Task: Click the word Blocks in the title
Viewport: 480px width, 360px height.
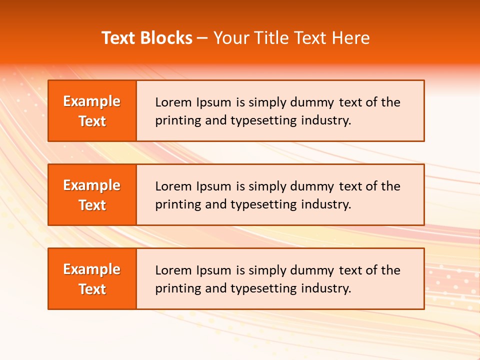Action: click(167, 38)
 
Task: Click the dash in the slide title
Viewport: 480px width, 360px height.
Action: click(202, 38)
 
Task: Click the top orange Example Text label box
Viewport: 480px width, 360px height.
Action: click(92, 110)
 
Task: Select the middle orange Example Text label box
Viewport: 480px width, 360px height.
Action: click(92, 194)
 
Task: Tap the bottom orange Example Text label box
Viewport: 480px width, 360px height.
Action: click(92, 278)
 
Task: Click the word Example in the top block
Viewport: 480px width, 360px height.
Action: click(92, 101)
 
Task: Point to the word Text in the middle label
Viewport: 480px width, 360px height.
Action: click(92, 205)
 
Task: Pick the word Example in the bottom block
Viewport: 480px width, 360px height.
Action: click(92, 269)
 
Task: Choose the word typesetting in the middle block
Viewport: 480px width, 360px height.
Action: click(263, 205)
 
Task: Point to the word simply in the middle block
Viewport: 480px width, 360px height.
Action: click(265, 187)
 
